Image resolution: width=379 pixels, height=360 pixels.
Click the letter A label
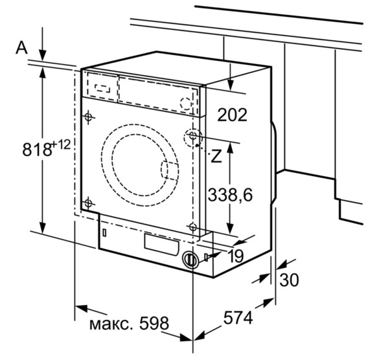click(x=22, y=48)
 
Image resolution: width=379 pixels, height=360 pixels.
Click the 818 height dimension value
click(x=36, y=150)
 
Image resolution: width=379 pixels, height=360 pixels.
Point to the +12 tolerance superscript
click(x=61, y=146)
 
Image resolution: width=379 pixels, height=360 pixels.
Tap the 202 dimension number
click(x=233, y=115)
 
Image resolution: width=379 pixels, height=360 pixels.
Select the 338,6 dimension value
click(x=230, y=195)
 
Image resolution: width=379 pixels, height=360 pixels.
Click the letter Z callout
click(x=216, y=156)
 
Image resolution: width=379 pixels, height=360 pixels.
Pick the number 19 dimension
click(x=236, y=256)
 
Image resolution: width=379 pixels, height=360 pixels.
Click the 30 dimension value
click(x=289, y=280)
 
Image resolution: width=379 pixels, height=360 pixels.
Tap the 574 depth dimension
click(x=238, y=317)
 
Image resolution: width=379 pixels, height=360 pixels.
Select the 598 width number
click(x=154, y=323)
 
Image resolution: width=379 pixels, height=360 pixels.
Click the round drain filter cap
click(x=191, y=260)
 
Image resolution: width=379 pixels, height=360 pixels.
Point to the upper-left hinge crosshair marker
click(x=89, y=117)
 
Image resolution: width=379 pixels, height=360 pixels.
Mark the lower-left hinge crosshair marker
click(x=88, y=203)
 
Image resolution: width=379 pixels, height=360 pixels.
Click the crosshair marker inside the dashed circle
click(x=193, y=135)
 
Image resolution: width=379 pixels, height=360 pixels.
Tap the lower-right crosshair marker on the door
click(x=192, y=227)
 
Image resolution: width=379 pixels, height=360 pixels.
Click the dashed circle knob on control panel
click(x=187, y=103)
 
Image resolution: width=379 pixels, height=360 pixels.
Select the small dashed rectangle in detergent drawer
click(x=102, y=89)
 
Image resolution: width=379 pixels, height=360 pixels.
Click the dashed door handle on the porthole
click(x=170, y=171)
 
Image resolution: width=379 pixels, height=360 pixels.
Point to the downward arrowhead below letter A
click(x=43, y=55)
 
